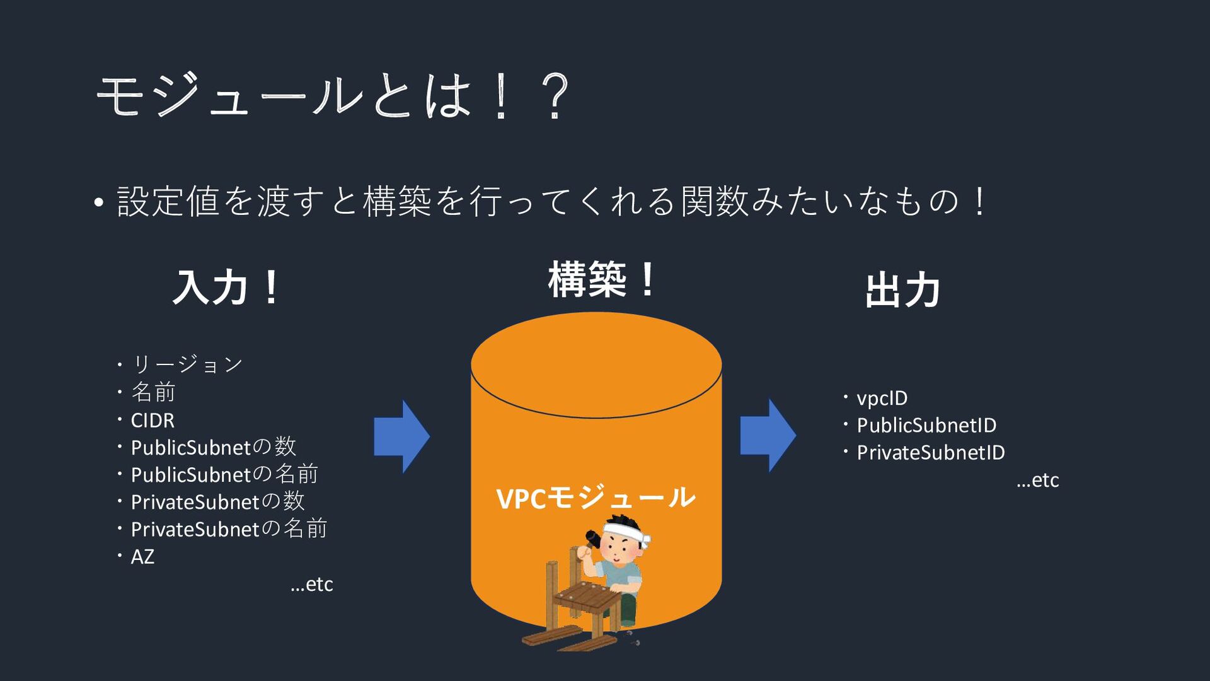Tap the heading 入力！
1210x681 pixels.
(226, 288)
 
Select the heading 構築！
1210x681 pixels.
(602, 279)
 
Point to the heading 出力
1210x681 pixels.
(902, 291)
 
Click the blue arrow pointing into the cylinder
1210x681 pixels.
(401, 436)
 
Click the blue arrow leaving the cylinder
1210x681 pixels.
(768, 435)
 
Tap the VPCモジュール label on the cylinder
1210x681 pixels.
(596, 498)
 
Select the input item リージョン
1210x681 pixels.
(187, 364)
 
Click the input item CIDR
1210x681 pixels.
(153, 420)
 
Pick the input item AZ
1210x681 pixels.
(142, 557)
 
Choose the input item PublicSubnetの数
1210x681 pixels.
(213, 447)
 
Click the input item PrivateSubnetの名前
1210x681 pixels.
(229, 529)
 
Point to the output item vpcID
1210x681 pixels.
(882, 399)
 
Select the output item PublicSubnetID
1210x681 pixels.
(926, 426)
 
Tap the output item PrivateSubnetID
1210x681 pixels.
(931, 453)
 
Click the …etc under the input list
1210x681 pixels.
(312, 585)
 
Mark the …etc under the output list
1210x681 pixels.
(1038, 480)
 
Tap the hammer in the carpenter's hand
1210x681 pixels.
(592, 538)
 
